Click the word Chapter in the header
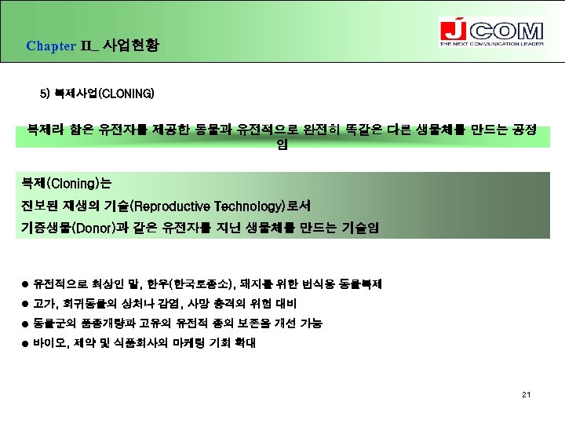(50, 46)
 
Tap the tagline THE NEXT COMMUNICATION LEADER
(490, 44)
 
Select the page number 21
(526, 393)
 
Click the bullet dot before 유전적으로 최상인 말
(27, 283)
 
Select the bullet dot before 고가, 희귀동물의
(27, 304)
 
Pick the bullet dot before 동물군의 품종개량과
(27, 323)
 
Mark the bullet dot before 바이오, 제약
(27, 343)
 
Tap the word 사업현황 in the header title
(130, 46)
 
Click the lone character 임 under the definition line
(282, 145)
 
